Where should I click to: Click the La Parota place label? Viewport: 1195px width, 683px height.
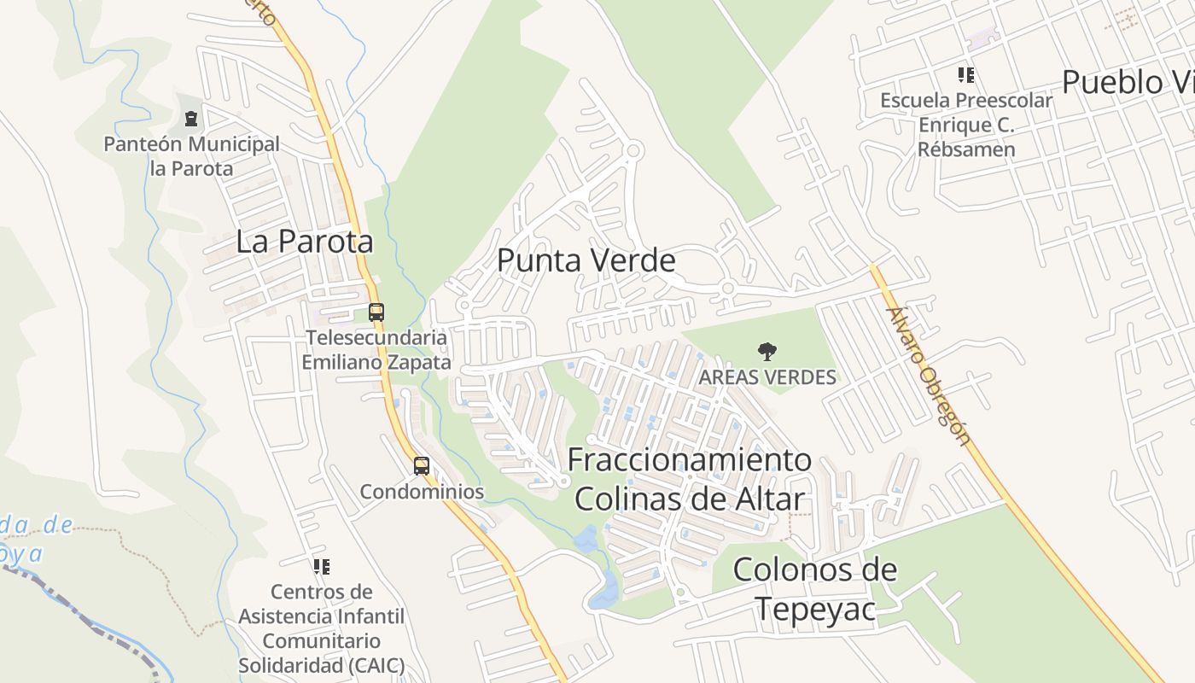click(x=305, y=242)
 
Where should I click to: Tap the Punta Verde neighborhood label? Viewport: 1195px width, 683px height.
click(x=586, y=260)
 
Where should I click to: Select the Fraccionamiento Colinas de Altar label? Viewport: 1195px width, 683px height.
click(x=689, y=479)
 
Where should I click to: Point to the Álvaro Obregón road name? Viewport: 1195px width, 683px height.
click(x=929, y=377)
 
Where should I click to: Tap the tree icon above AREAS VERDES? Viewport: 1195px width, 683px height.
click(x=767, y=351)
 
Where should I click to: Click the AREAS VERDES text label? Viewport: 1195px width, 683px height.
click(x=767, y=377)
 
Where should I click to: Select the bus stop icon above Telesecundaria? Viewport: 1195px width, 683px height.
click(x=376, y=312)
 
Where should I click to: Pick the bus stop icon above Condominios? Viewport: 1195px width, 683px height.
click(x=422, y=466)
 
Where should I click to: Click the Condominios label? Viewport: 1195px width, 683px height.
click(x=422, y=492)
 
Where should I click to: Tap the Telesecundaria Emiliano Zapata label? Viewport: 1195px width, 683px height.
click(x=376, y=349)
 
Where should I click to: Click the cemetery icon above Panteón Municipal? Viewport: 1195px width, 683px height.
click(x=191, y=119)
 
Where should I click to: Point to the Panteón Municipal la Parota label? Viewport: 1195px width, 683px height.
click(x=191, y=156)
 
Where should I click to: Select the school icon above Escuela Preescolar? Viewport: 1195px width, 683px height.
click(x=966, y=75)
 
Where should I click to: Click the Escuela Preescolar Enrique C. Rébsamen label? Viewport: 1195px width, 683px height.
click(x=966, y=125)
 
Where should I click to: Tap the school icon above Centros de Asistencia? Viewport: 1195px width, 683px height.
click(x=321, y=566)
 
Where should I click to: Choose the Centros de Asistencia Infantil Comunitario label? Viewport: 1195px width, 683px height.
click(x=321, y=628)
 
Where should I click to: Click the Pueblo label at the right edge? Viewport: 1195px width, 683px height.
click(x=1127, y=83)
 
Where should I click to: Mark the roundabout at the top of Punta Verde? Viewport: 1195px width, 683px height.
click(x=632, y=151)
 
